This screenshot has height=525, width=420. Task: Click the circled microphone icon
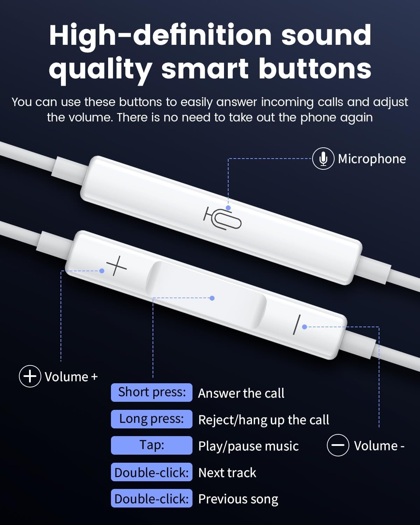coord(323,159)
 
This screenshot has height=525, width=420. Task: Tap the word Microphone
coord(372,159)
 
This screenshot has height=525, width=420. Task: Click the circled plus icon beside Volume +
coord(30,376)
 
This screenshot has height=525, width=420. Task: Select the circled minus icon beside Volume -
coord(338,445)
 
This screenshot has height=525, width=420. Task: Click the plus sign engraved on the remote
coord(117,266)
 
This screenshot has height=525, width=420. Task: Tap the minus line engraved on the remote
coord(296,325)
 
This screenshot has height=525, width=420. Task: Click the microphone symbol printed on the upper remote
coord(222,218)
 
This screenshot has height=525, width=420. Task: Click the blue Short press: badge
coord(152,393)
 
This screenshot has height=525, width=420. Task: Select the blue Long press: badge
coord(152,419)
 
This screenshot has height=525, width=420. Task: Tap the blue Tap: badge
coord(152,446)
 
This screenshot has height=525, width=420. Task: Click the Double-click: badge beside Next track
coord(152,472)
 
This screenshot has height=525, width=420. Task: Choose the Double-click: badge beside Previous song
coord(152,498)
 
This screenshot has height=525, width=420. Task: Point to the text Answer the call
coord(241,393)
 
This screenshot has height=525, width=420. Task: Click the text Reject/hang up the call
coord(264,420)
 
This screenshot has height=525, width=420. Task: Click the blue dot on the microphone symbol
coord(228,208)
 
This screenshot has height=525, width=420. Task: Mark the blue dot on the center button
coord(212,298)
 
